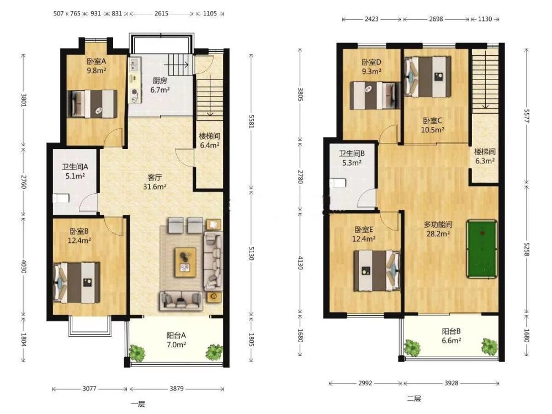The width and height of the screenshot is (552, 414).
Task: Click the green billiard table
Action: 482,249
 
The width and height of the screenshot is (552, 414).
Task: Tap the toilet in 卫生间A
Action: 61,199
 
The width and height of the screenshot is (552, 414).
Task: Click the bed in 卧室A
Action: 92,104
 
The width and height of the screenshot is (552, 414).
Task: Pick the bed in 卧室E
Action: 377,270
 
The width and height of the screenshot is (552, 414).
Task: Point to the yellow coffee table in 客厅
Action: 186,262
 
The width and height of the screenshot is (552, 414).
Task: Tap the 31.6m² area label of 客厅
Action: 155,187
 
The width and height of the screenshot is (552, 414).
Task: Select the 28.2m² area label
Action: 438,233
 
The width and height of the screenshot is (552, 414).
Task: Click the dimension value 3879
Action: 177,389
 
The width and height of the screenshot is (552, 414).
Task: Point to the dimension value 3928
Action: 452,383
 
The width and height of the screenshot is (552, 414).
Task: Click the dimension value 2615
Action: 161,13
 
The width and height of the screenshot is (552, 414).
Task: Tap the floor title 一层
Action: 137,404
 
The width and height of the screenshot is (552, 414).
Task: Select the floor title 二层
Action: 414,399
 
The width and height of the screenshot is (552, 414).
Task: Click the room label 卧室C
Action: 432,121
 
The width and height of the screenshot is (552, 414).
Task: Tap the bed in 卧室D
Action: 375,95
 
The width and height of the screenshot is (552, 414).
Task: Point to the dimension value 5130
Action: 251,253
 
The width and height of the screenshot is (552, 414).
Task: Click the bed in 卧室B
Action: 76,282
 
